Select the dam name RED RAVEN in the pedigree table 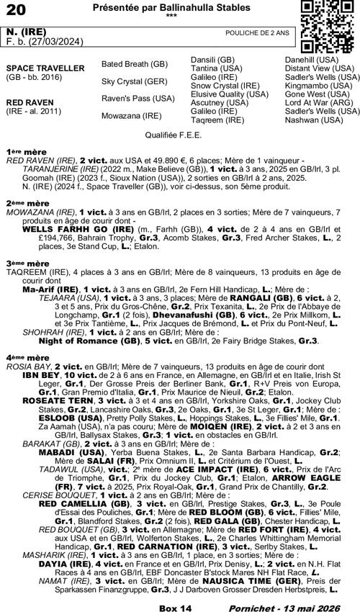coord(27,102)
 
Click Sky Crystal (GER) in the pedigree coord(135,81)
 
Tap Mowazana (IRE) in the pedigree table coord(132,115)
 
